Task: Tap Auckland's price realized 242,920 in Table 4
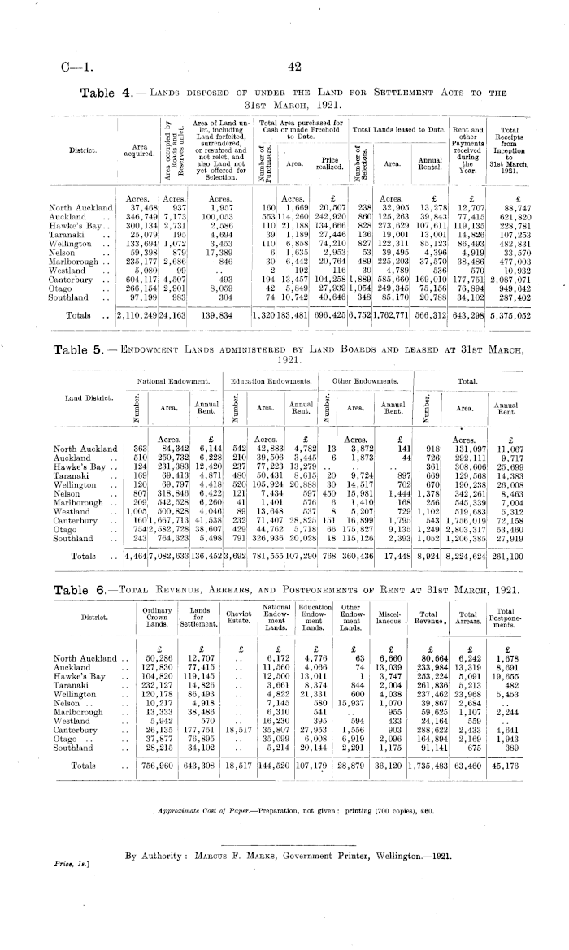pos(328,219)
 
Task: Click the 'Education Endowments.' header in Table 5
pos(274,380)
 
